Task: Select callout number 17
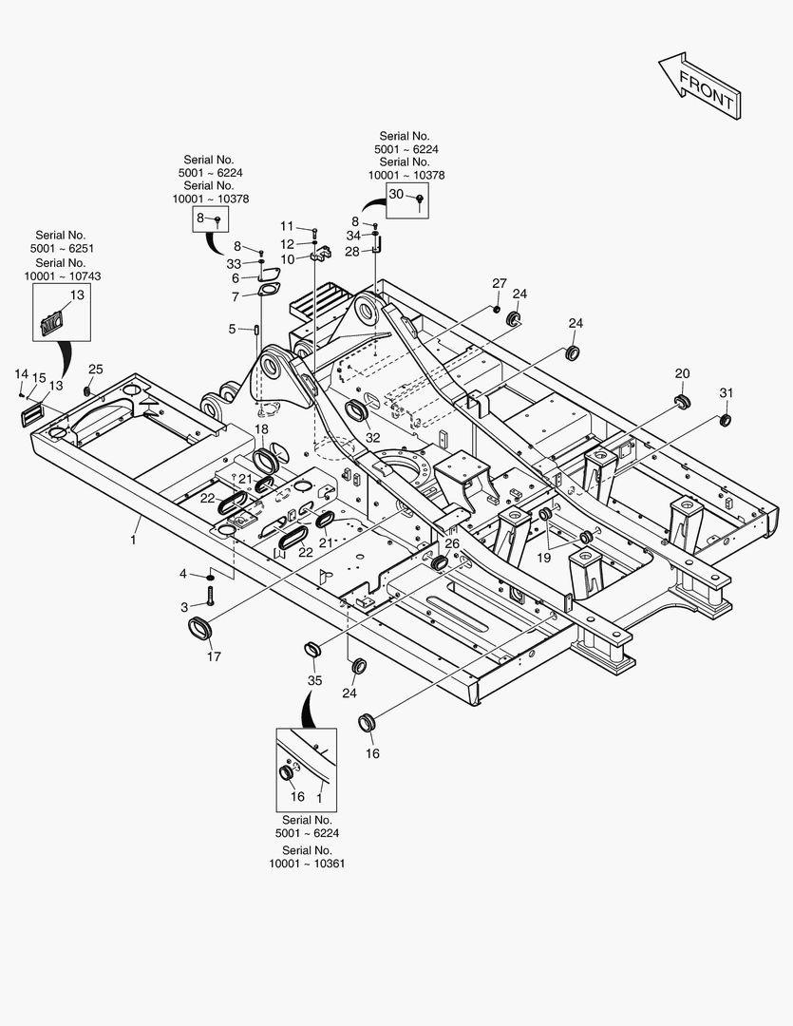point(213,656)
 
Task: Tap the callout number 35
point(314,680)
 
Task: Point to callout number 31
point(727,393)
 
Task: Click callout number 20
point(683,373)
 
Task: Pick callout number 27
point(500,284)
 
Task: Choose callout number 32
point(372,438)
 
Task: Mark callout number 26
point(452,543)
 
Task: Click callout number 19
point(543,558)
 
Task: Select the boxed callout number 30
point(397,195)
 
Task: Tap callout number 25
point(96,369)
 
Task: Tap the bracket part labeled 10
point(320,254)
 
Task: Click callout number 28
point(351,252)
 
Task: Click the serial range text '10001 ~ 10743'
point(63,275)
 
